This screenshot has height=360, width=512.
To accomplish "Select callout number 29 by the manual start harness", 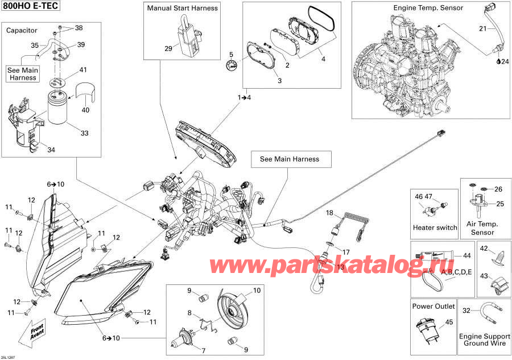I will (x=168, y=48).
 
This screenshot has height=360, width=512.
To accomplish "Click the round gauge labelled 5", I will (x=231, y=64).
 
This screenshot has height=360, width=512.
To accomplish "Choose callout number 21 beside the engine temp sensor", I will (x=482, y=29).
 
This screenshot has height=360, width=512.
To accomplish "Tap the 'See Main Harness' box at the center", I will (x=289, y=159).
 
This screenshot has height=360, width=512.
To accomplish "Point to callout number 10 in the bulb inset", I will (x=257, y=291).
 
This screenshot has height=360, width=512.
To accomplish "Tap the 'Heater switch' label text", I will (x=435, y=227).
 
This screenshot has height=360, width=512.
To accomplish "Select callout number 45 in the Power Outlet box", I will (x=449, y=322).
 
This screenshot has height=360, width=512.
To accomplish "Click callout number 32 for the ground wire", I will (x=466, y=311).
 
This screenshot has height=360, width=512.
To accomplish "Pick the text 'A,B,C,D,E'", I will (x=456, y=272).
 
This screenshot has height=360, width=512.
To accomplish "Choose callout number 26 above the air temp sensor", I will (x=498, y=189).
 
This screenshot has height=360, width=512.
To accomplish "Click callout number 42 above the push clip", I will (x=484, y=249).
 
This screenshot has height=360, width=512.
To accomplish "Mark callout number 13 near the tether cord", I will (x=341, y=266).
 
